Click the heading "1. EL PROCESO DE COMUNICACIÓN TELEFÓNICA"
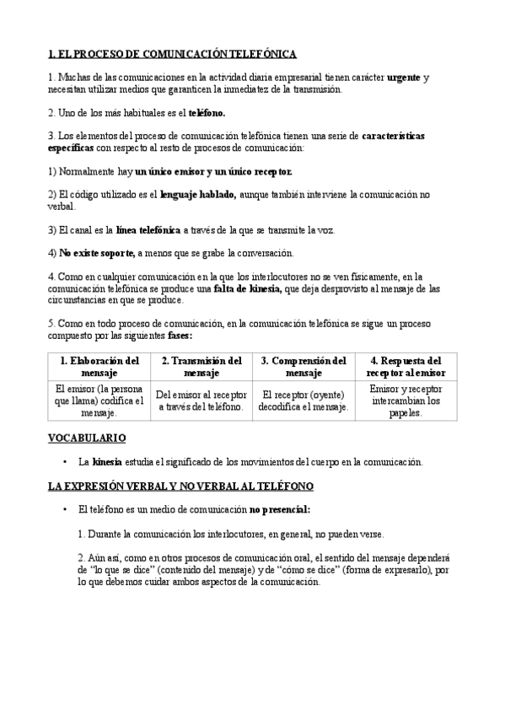(172, 55)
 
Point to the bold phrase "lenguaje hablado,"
(198, 194)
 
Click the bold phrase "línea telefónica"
(148, 229)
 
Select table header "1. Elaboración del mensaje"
(99, 366)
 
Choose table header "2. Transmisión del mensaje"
(201, 366)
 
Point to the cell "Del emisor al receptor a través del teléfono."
(201, 401)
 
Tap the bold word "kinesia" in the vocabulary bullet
(107, 462)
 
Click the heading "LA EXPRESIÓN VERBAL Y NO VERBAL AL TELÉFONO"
(180, 487)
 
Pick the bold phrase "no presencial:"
(280, 510)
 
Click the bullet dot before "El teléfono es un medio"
(65, 510)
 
